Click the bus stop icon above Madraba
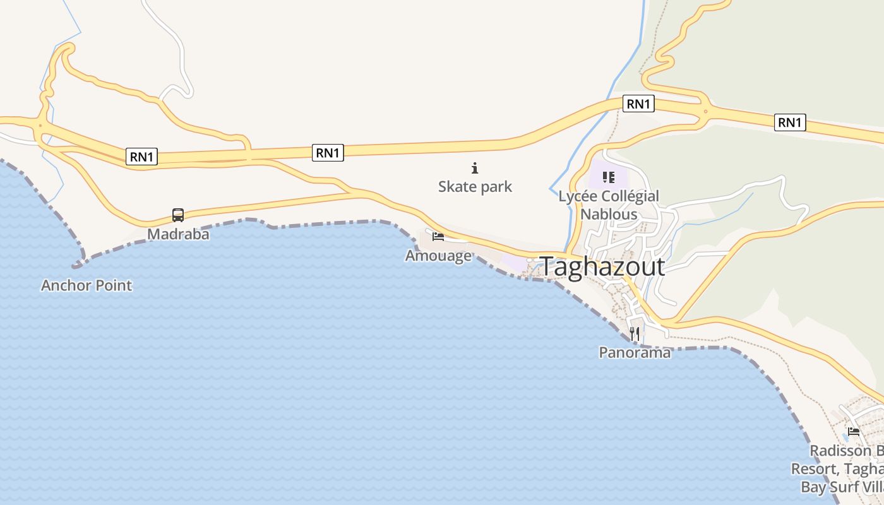pyautogui.click(x=178, y=215)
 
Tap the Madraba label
pyautogui.click(x=178, y=234)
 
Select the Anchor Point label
pyautogui.click(x=87, y=285)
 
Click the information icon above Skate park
pyautogui.click(x=475, y=168)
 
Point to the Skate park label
pyautogui.click(x=475, y=187)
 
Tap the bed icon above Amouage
pyautogui.click(x=438, y=237)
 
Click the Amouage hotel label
pyautogui.click(x=438, y=256)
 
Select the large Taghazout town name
pyautogui.click(x=602, y=267)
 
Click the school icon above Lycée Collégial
pyautogui.click(x=609, y=177)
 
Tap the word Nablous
pyautogui.click(x=609, y=214)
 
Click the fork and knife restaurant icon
pyautogui.click(x=635, y=334)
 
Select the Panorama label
pyautogui.click(x=635, y=353)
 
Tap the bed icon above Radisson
pyautogui.click(x=854, y=432)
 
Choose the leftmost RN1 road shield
pyautogui.click(x=141, y=157)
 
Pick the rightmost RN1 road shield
pyautogui.click(x=790, y=122)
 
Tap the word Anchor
pyautogui.click(x=64, y=285)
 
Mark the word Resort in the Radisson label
pyautogui.click(x=813, y=469)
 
